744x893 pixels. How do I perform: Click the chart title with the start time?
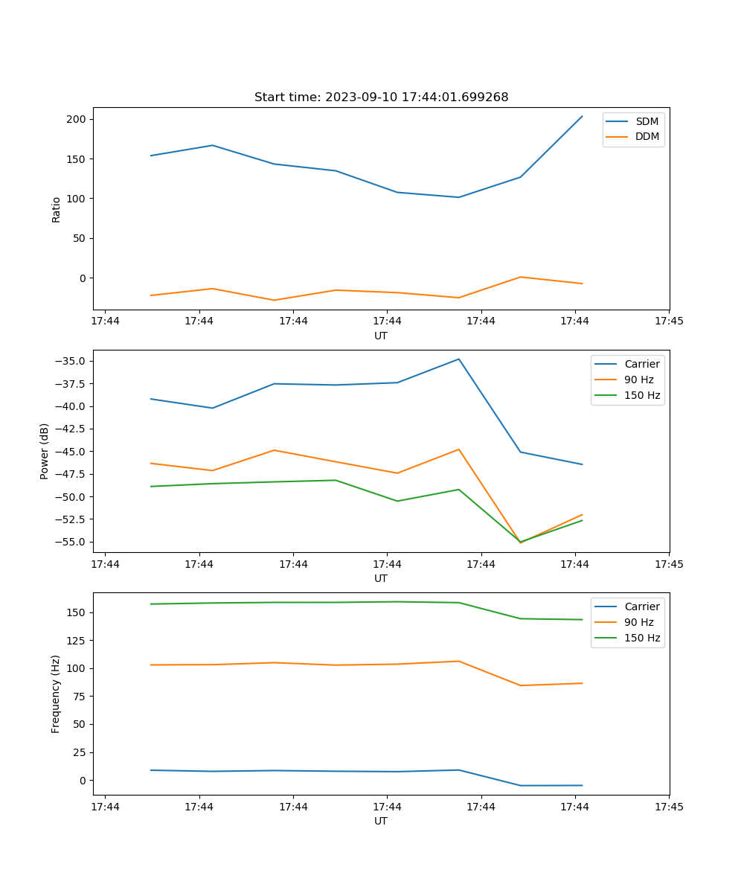pos(381,97)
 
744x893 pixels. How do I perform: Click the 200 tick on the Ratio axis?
pos(77,119)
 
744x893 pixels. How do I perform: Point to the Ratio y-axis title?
pos(57,209)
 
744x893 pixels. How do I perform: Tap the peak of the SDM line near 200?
pos(582,116)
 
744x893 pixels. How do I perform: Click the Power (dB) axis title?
pos(45,451)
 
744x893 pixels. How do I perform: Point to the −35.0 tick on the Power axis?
pos(71,361)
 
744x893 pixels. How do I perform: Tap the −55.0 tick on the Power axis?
pos(71,542)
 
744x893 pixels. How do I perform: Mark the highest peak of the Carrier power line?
pos(459,359)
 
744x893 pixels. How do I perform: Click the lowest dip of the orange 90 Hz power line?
pos(520,542)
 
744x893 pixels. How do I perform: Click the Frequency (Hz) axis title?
pos(57,694)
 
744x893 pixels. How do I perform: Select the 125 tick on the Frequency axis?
pos(77,640)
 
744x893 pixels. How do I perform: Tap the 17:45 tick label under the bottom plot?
pos(669,807)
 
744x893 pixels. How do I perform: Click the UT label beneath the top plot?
pos(381,336)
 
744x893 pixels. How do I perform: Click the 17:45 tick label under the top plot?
pos(669,321)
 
